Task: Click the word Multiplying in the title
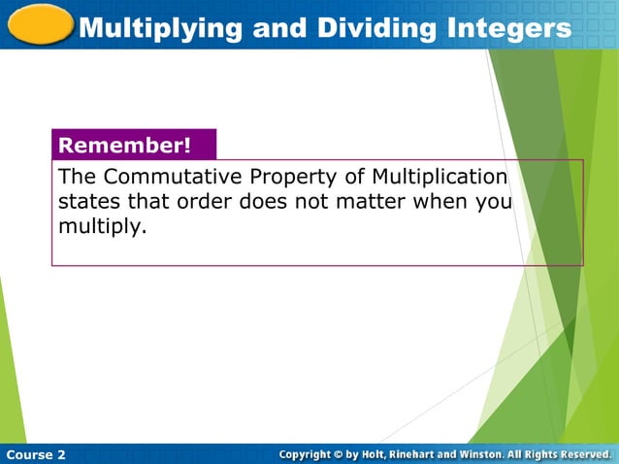click(159, 28)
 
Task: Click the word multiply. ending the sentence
click(102, 229)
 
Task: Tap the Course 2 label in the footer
click(36, 454)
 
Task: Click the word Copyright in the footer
click(309, 454)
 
